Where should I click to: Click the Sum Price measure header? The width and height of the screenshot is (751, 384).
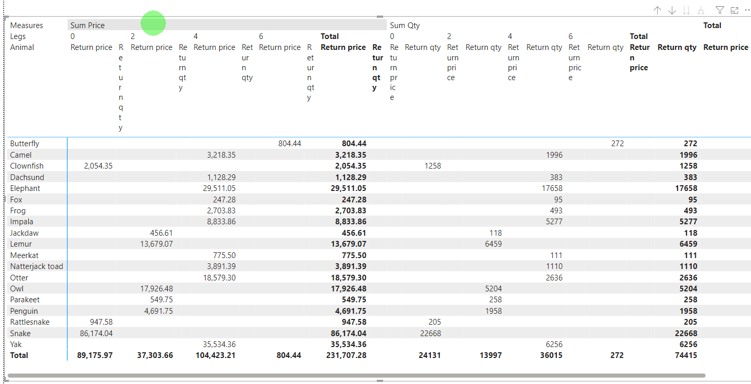tap(87, 25)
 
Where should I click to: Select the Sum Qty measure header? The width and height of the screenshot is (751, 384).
tap(405, 25)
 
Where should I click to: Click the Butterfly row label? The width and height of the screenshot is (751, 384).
tap(24, 144)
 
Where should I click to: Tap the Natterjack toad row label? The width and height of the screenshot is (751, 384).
tap(36, 266)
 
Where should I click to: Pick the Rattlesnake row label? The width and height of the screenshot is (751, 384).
tap(30, 322)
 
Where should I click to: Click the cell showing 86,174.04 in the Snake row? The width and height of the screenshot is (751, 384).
tap(96, 334)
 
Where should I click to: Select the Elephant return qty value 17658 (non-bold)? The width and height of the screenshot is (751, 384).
tap(552, 188)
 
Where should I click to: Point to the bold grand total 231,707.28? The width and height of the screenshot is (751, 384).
tap(346, 355)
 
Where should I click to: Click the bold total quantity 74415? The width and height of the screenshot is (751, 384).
tap(686, 355)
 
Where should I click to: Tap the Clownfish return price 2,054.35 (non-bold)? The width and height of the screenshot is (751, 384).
tap(98, 166)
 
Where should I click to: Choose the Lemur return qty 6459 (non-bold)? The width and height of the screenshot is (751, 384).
tap(493, 244)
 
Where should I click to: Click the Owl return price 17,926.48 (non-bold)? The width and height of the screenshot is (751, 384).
tap(157, 288)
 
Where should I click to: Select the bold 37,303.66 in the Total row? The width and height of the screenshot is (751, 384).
tap(155, 355)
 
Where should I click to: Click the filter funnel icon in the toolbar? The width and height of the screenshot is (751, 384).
tap(719, 10)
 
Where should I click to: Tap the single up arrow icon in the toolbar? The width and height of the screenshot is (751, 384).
tap(657, 10)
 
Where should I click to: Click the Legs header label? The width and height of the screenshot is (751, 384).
tap(18, 36)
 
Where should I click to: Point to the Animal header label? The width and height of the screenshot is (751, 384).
tap(22, 47)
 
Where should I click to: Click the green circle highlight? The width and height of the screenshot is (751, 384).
tap(153, 23)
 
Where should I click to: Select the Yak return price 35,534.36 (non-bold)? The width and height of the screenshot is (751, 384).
tap(219, 344)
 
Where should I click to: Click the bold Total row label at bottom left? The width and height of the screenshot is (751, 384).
tap(19, 355)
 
